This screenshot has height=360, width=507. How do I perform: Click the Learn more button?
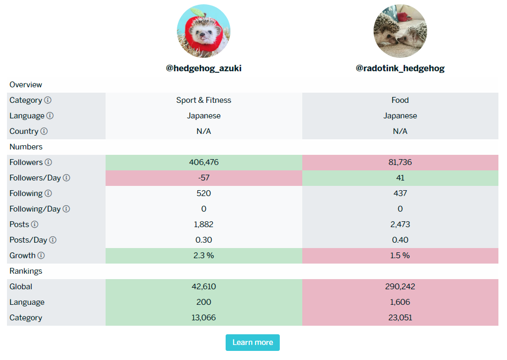(252, 342)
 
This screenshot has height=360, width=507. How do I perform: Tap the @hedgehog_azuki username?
(204, 69)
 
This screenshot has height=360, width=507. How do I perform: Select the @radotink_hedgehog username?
(400, 69)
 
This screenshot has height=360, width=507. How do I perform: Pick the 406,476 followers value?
(204, 162)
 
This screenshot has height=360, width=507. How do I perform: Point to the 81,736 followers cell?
(400, 162)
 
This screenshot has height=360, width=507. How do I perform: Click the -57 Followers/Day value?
(204, 178)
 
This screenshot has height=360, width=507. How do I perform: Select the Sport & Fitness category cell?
(204, 100)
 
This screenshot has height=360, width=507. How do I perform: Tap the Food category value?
(400, 100)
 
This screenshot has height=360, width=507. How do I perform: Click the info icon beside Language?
(50, 116)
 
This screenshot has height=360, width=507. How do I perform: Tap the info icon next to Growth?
(41, 256)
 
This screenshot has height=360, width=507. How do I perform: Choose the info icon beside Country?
(44, 131)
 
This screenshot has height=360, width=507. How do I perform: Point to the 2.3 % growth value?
(204, 256)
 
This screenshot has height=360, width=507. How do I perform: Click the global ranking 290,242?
(400, 287)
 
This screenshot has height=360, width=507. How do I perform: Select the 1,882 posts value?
(204, 224)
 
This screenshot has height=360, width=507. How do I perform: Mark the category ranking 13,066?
(204, 318)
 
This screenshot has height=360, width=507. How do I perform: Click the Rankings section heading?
(26, 271)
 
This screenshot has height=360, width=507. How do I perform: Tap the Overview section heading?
(26, 85)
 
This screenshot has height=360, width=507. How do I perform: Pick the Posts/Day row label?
(29, 240)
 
